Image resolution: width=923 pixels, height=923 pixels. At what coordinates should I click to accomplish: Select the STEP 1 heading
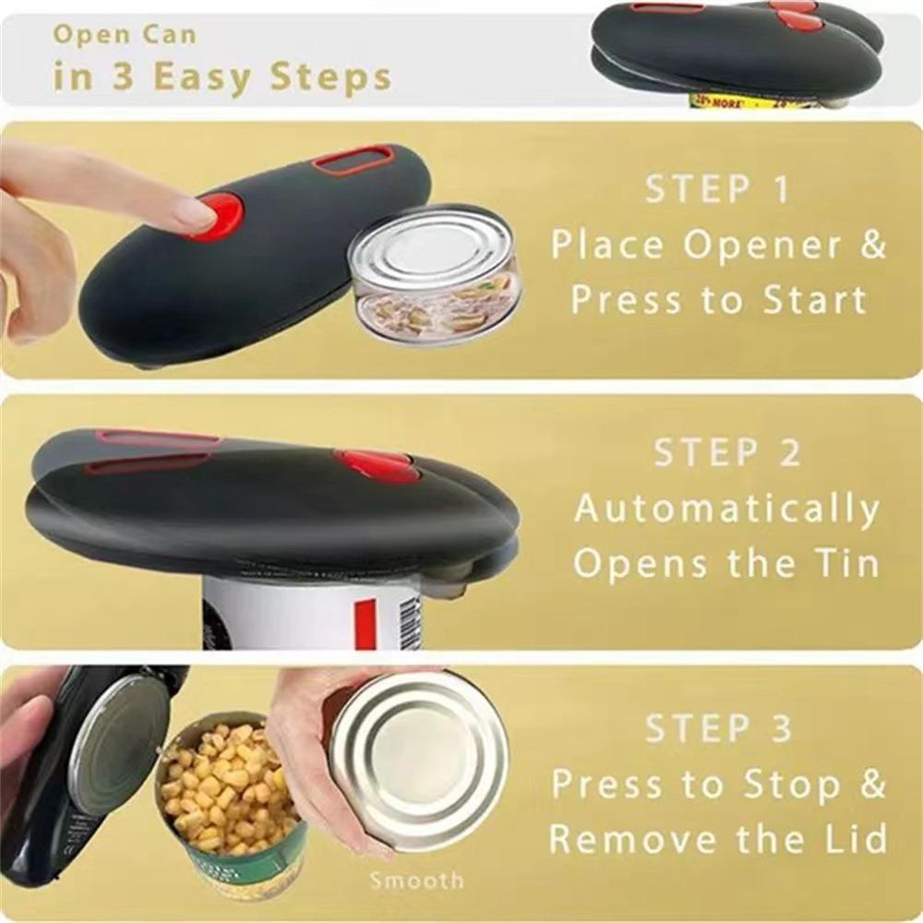717,189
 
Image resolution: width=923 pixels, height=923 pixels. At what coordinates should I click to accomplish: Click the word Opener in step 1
765,246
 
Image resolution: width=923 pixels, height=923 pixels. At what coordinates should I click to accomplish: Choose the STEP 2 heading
726,453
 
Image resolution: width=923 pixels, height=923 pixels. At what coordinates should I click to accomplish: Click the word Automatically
727,509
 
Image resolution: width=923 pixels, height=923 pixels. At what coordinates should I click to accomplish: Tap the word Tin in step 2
845,563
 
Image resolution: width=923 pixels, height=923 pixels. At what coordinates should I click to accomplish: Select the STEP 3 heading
718,728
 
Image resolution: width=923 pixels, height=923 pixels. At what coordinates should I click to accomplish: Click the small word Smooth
416,881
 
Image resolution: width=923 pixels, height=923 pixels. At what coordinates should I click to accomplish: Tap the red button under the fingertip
224,216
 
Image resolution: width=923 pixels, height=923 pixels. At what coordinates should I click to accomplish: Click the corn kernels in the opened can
226,785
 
